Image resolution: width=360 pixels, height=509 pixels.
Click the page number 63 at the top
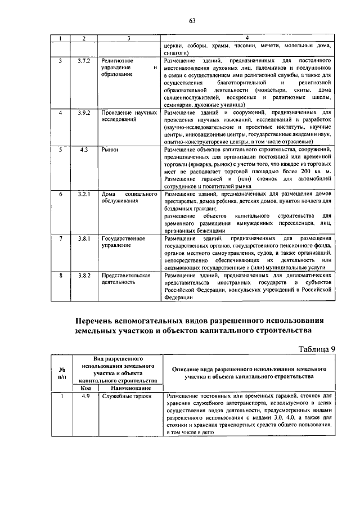[x=192, y=21]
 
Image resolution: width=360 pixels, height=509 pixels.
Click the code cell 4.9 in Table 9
[x=85, y=397]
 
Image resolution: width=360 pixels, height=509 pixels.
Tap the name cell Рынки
[x=110, y=150]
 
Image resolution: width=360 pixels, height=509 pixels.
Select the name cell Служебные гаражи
[x=127, y=397]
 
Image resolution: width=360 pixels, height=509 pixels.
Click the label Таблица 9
[x=317, y=349]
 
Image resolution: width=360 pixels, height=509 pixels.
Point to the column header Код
[x=85, y=388]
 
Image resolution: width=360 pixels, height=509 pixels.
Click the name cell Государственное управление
[x=123, y=242]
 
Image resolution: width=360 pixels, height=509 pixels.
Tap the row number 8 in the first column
[x=60, y=276]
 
